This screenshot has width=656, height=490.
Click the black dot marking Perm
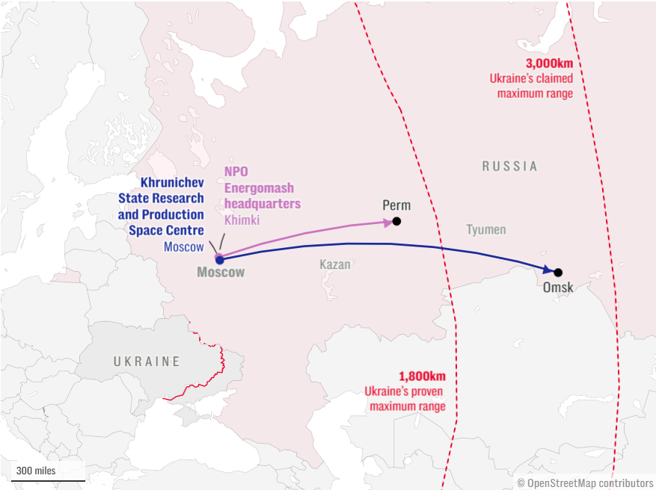pyautogui.click(x=396, y=221)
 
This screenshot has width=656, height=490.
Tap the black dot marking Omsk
pyautogui.click(x=558, y=273)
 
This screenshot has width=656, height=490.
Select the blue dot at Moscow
pyautogui.click(x=219, y=259)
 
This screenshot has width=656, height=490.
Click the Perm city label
pyautogui.click(x=396, y=205)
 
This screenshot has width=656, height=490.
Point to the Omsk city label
pyautogui.click(x=559, y=288)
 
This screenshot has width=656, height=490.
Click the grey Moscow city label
pyautogui.click(x=221, y=273)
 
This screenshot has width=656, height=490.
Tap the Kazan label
pyautogui.click(x=334, y=264)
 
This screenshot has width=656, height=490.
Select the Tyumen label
pyautogui.click(x=486, y=230)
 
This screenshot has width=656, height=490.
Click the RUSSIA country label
pyautogui.click(x=509, y=166)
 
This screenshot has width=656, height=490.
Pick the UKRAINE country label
pyautogui.click(x=147, y=362)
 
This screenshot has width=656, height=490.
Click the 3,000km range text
pyautogui.click(x=549, y=63)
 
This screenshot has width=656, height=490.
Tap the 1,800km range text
pyautogui.click(x=422, y=376)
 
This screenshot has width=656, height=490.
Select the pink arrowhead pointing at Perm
pyautogui.click(x=388, y=222)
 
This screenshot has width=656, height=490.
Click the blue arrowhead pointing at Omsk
pyautogui.click(x=548, y=270)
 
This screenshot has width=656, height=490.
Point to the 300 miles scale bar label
pyautogui.click(x=36, y=471)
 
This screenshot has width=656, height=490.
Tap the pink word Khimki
pyautogui.click(x=242, y=220)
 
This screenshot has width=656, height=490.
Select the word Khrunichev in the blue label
pyautogui.click(x=172, y=183)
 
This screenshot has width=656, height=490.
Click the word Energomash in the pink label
pyautogui.click(x=260, y=187)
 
